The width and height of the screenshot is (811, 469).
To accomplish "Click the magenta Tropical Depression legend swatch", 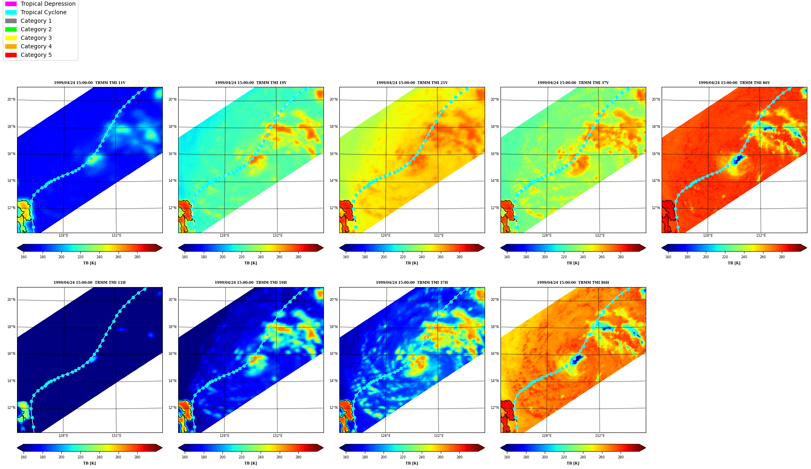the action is point(11,4).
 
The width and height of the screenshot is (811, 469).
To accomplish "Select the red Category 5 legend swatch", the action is point(11,55).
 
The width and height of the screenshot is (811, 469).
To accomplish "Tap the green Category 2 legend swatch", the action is point(11,29).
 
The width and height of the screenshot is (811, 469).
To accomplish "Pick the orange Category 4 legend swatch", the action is point(11,46).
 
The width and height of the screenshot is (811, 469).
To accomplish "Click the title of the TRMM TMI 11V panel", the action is point(90,83).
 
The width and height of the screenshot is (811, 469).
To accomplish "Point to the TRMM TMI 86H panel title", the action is point(573,283).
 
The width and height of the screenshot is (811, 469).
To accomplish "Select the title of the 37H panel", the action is point(412,283).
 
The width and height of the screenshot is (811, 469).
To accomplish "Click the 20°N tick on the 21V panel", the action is point(334,99).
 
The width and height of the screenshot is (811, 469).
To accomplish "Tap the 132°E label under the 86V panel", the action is point(761,236).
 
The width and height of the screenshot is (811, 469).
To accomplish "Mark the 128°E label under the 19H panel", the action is point(224,436).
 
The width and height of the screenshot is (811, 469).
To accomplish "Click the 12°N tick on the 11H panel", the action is point(11,408).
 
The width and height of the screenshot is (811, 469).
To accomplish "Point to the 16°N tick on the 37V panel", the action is point(495,154).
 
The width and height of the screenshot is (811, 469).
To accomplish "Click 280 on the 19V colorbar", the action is point(298,257).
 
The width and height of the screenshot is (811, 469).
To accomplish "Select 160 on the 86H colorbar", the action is point(507,457).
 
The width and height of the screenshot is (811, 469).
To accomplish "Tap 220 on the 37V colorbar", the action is point(564,257).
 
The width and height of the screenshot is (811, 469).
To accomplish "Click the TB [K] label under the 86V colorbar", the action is point(734,263).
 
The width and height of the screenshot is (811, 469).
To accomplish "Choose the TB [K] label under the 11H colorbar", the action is point(90,463).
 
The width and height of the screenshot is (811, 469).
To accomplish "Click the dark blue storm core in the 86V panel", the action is point(738,159).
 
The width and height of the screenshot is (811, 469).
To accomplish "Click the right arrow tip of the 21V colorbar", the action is point(484,248).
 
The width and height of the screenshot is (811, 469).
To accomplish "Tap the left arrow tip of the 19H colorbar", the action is point(179,448).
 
